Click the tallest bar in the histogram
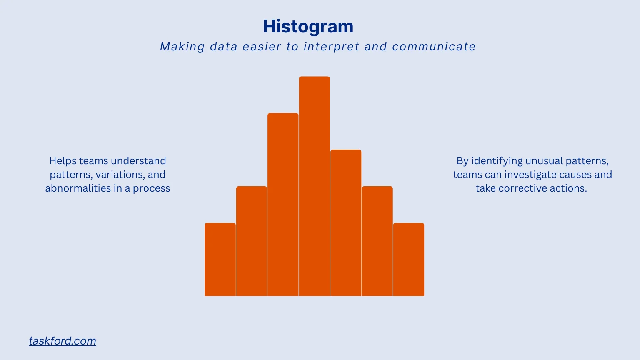pyautogui.click(x=314, y=186)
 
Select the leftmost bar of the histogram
pyautogui.click(x=220, y=260)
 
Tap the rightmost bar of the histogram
pyautogui.click(x=409, y=260)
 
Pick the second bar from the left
pyautogui.click(x=252, y=241)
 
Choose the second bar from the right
pyautogui.click(x=377, y=241)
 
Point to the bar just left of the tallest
pyautogui.click(x=283, y=205)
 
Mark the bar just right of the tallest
pyautogui.click(x=346, y=223)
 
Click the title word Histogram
pyautogui.click(x=308, y=27)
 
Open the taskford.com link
pyautogui.click(x=62, y=341)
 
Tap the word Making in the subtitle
pyautogui.click(x=182, y=47)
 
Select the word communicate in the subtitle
pyautogui.click(x=434, y=47)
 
